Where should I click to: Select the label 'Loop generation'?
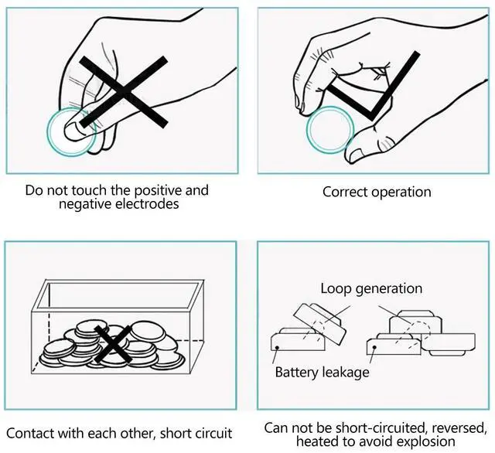(371, 288)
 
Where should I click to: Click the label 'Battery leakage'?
(322, 372)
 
